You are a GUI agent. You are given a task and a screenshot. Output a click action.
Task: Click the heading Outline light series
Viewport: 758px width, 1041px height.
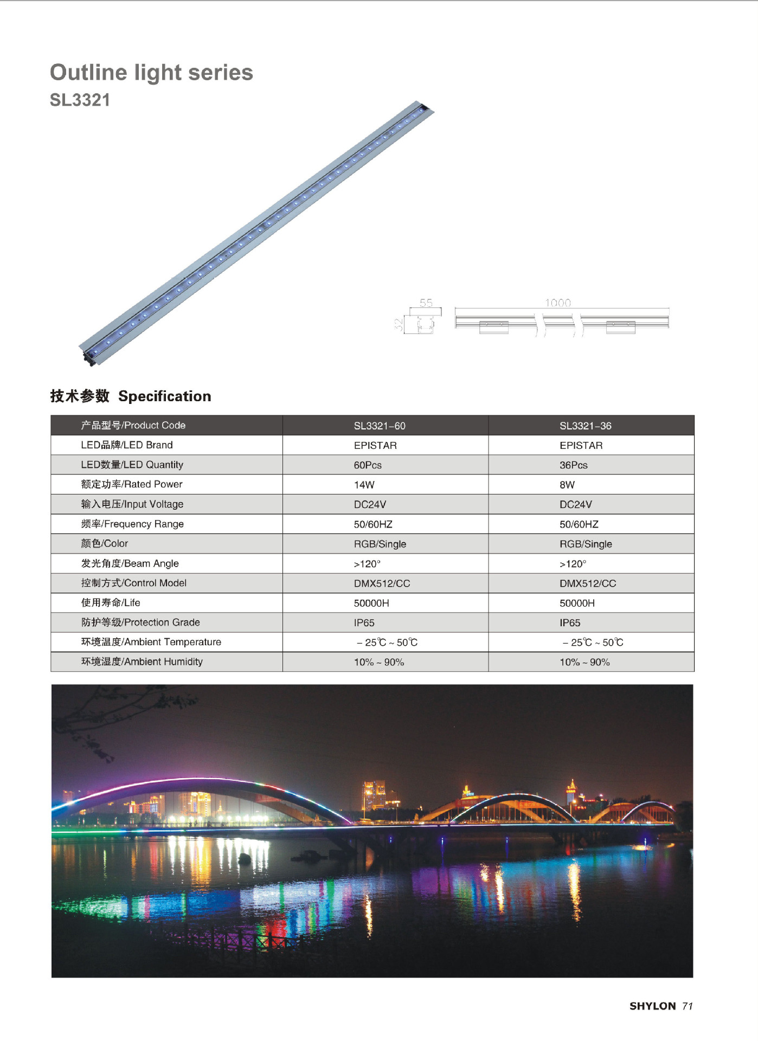151,73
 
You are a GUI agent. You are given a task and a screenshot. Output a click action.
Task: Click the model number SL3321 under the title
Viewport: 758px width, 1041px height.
80,100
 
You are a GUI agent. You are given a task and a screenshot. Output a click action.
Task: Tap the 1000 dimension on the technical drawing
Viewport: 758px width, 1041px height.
557,303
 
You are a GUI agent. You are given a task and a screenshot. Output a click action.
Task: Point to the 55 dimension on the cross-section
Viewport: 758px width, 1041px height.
426,303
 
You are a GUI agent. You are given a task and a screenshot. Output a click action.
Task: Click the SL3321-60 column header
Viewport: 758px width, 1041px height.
380,426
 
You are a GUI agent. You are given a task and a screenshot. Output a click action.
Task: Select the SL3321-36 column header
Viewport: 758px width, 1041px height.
585,426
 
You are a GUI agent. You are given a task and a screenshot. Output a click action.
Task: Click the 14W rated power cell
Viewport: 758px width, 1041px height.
364,485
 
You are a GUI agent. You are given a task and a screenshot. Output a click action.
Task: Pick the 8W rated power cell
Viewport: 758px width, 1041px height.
567,485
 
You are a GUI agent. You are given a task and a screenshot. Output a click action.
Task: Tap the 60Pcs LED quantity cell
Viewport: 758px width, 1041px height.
368,465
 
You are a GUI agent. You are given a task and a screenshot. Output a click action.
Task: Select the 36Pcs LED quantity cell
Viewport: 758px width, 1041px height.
573,465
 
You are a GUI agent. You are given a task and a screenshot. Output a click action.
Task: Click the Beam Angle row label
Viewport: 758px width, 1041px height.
130,563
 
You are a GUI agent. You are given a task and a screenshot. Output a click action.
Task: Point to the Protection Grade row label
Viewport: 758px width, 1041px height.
140,622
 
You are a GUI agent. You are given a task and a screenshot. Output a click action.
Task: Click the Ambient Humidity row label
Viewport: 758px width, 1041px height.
142,661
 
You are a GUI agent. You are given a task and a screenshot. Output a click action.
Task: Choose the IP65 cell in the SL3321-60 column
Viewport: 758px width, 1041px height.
364,623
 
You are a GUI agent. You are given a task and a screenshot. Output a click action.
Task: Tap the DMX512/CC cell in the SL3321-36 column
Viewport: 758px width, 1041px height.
588,583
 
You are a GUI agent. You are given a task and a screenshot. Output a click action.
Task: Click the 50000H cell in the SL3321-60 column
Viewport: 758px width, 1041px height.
371,603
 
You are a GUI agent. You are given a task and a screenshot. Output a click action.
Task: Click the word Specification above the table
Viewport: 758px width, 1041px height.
164,396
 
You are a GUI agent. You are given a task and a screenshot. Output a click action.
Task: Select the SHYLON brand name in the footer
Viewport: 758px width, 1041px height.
652,1006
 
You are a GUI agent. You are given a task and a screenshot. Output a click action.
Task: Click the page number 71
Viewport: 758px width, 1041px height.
688,1006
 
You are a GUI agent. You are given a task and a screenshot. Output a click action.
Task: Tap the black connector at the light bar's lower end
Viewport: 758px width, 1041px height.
89,358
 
